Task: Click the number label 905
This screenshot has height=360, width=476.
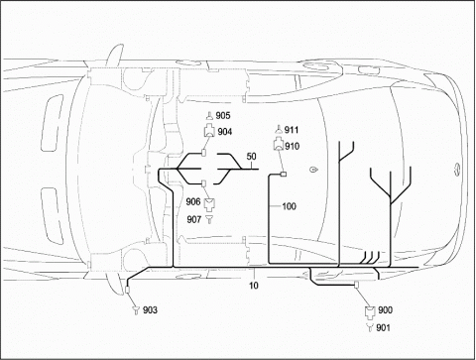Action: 223,115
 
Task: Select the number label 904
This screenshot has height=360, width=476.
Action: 225,132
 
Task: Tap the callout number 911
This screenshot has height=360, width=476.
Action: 292,130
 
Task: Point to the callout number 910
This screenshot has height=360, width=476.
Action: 293,146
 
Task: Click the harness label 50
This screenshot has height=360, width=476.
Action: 252,157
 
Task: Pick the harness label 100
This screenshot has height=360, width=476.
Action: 289,206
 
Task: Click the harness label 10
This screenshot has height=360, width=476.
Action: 254,285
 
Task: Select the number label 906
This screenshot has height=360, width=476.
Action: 193,201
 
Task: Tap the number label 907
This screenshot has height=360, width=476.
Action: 194,219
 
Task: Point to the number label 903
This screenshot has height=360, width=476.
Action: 150,310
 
